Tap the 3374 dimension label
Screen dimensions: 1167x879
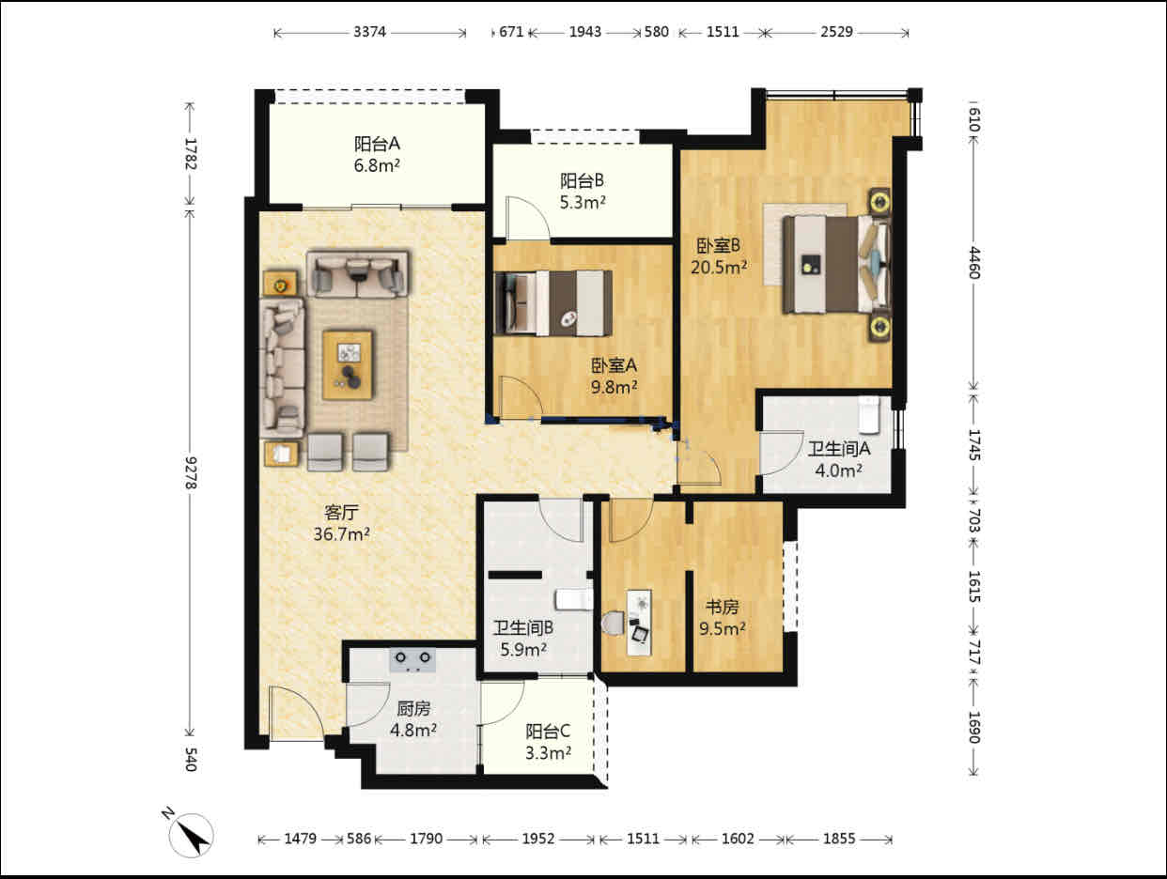pyautogui.click(x=369, y=32)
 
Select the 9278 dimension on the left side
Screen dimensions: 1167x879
pyautogui.click(x=191, y=472)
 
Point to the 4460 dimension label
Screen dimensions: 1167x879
pyautogui.click(x=973, y=263)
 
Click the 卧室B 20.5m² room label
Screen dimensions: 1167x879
pyautogui.click(x=718, y=256)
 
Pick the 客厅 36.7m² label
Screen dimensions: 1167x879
pyautogui.click(x=341, y=523)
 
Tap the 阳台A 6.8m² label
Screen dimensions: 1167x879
pyautogui.click(x=377, y=155)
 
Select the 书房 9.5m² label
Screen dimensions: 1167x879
pyautogui.click(x=722, y=618)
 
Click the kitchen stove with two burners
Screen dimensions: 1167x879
pyautogui.click(x=412, y=660)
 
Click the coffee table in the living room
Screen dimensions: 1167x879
pyautogui.click(x=348, y=365)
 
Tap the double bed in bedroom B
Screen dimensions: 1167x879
pyautogui.click(x=835, y=264)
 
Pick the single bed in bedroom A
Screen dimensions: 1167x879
pyautogui.click(x=552, y=303)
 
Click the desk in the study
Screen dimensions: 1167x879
pyautogui.click(x=639, y=623)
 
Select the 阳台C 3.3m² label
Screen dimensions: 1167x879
pyautogui.click(x=548, y=742)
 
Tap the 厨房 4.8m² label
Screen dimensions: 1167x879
pyautogui.click(x=413, y=719)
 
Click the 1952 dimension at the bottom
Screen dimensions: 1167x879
pyautogui.click(x=538, y=840)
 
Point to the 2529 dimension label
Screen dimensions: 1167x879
pyautogui.click(x=836, y=32)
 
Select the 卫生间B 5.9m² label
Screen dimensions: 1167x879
pyautogui.click(x=523, y=639)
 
